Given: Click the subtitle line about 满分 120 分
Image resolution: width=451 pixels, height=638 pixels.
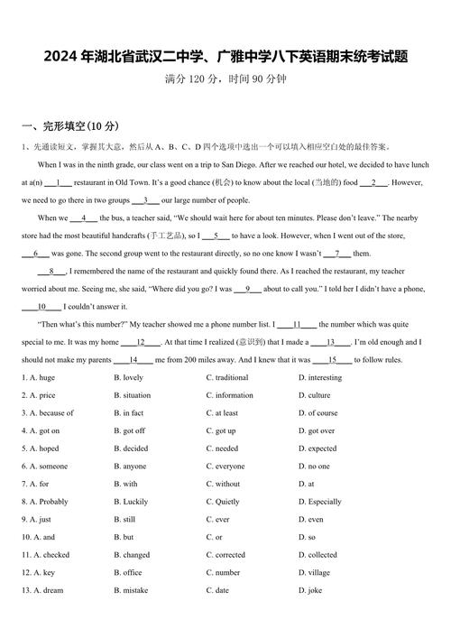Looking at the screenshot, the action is tap(225, 79).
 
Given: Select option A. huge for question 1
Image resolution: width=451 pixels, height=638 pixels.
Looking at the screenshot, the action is tap(37, 377).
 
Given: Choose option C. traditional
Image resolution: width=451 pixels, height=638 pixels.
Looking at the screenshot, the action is tap(226, 377).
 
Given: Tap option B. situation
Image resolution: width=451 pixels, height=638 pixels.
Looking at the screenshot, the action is tap(132, 395).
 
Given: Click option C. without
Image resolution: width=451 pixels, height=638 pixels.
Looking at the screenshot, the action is tap(223, 484).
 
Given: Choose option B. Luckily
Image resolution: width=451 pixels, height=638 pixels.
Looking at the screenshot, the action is tap(131, 502).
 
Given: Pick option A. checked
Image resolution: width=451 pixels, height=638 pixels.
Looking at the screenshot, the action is tap(45, 555).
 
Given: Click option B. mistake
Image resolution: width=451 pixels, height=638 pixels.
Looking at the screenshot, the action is tap(132, 590).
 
